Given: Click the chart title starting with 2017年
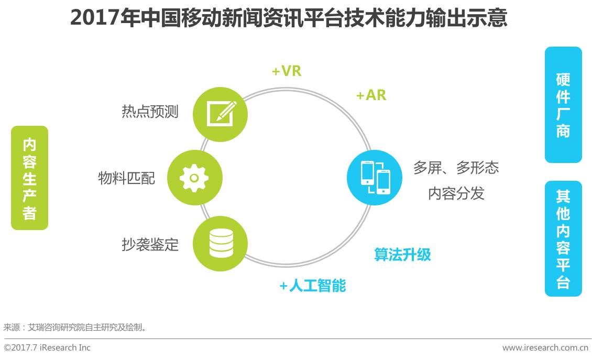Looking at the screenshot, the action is (289, 18).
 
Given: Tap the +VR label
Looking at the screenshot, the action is (287, 71).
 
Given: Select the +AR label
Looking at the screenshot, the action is (371, 95).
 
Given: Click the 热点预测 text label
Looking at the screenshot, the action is (150, 112).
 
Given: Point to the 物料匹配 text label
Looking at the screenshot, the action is (126, 178).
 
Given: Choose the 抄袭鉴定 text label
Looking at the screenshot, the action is (150, 244).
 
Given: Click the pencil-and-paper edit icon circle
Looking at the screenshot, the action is (220, 114).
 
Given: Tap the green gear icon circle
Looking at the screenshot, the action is (194, 178).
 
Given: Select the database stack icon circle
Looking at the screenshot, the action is (220, 244).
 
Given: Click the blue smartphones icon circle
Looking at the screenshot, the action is (375, 178).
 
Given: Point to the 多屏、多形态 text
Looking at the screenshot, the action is (456, 167).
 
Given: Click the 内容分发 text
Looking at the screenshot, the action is (456, 193).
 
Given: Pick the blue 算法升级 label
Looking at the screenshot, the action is (402, 255).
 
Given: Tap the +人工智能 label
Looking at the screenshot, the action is (313, 286).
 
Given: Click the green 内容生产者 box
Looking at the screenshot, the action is (29, 178).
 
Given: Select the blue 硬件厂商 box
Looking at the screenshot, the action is (563, 105).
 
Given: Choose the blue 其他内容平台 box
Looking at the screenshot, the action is (563, 239).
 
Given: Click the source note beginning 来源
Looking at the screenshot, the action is (75, 327).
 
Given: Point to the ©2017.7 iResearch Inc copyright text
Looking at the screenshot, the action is (47, 347).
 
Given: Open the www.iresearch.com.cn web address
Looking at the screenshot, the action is (545, 347).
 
